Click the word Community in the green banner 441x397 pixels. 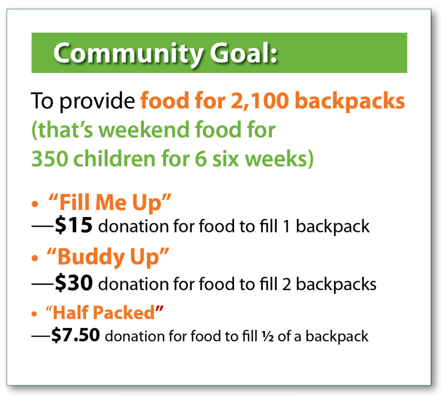127,53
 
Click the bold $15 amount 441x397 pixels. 73,226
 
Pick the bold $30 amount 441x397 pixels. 74,283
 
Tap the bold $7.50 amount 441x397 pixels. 76,335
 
